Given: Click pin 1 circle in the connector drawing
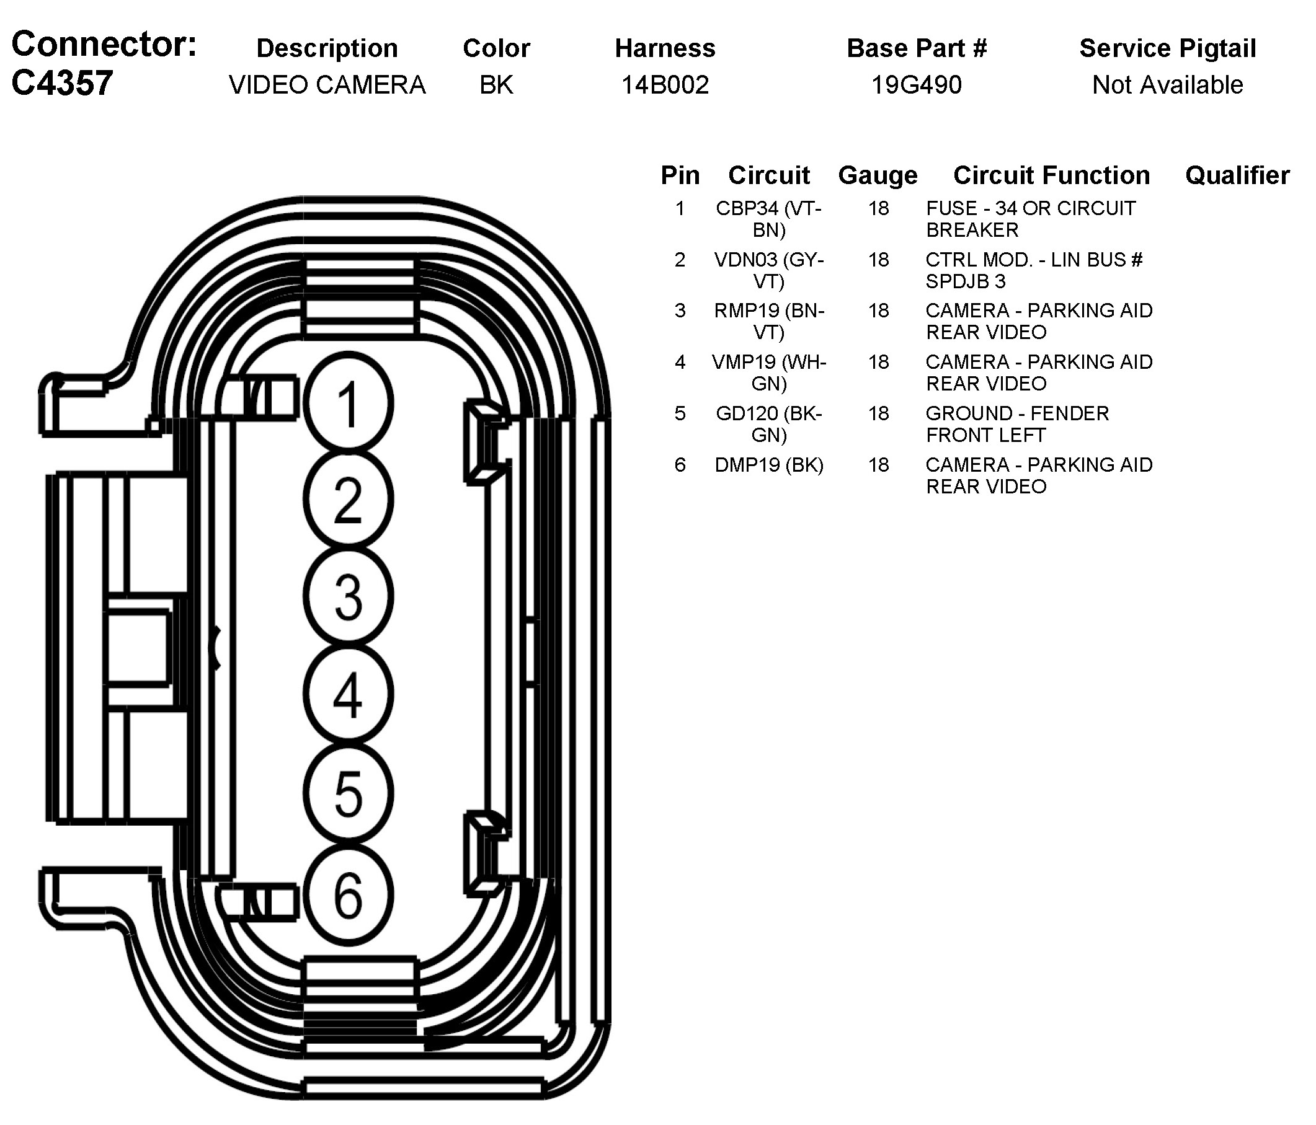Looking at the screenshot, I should coord(348,404).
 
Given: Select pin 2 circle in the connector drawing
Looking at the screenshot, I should coord(348,500).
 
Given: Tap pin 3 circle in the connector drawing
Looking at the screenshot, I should coord(348,596).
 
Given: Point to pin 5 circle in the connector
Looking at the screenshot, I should coord(348,793).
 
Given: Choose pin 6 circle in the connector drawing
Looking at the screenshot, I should coord(348,894).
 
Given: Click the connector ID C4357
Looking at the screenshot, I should coord(62,83).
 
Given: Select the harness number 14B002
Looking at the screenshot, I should coord(664,84).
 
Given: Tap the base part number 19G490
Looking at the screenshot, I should coord(916,84).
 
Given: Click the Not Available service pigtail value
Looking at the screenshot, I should coord(1167,84).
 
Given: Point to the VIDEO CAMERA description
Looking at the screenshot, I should coord(327,84).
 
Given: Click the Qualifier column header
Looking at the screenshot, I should coord(1237,175).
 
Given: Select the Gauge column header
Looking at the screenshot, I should coord(878,175).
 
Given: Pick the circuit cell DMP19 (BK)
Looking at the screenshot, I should coord(768,465).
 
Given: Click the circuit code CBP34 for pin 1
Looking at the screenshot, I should coord(747,208).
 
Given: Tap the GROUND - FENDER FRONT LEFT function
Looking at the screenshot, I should coord(1017,424).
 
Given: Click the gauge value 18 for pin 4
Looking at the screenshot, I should coord(878,362).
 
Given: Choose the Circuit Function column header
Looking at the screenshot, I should coord(1051,175).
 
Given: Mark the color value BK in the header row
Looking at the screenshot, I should coord(496,84).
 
